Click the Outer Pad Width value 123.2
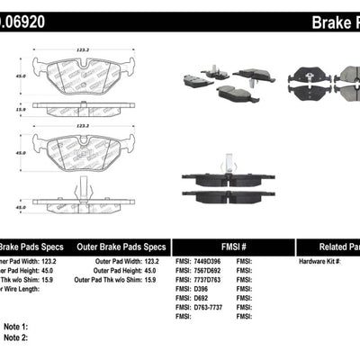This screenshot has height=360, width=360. click(162, 261)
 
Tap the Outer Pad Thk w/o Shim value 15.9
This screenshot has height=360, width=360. click(162, 281)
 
